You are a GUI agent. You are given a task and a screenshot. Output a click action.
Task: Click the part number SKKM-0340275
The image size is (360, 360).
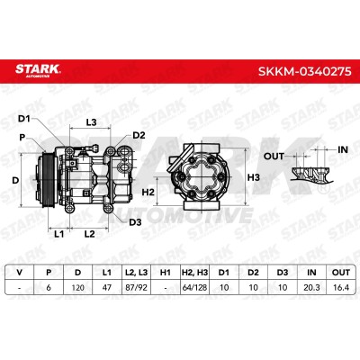point(304,71)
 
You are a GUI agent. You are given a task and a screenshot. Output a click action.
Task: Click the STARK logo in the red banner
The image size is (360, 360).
point(38,70)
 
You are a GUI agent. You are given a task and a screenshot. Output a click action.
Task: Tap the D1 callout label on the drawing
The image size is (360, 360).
point(24,119)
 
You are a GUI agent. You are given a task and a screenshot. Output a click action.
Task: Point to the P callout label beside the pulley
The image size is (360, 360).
point(22,138)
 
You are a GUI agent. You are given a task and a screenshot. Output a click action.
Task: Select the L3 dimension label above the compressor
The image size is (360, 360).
point(91,122)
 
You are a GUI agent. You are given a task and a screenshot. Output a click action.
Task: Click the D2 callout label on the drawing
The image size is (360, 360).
point(139,135)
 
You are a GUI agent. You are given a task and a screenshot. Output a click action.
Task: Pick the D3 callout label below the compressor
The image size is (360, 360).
point(135,222)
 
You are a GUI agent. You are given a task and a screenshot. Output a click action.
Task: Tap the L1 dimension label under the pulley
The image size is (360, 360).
point(58,234)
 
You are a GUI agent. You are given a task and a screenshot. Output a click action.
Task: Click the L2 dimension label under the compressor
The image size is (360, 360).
point(89,234)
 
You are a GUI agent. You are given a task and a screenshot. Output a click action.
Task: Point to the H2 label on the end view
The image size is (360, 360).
point(148,192)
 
